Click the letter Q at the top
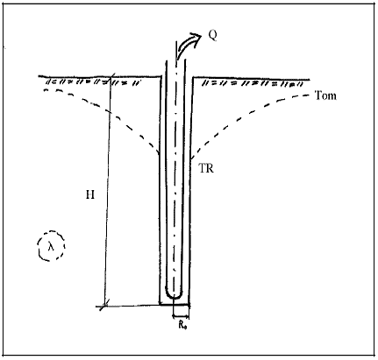(212, 35)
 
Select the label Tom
(325, 95)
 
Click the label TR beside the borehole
(206, 168)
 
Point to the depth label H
(90, 194)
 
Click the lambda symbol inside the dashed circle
(51, 247)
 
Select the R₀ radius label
(183, 325)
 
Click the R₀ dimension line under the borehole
(181, 316)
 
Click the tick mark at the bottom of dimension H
(104, 306)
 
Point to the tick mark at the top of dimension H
(111, 78)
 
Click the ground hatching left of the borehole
(94, 82)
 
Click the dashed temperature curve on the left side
(108, 111)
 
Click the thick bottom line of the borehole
(175, 305)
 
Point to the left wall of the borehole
(160, 191)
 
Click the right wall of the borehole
(190, 191)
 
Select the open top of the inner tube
(176, 60)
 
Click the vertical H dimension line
(108, 192)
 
